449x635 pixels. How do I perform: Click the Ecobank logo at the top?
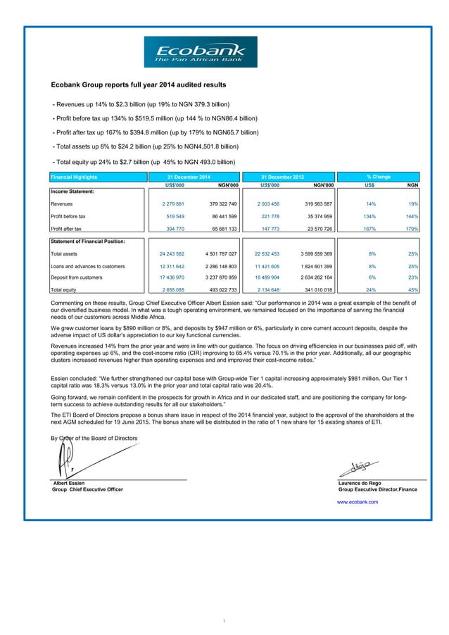(201, 52)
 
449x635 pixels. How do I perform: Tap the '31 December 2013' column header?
(284, 177)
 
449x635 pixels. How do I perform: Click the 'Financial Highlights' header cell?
(74, 177)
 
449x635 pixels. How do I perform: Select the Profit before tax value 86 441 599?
(227, 216)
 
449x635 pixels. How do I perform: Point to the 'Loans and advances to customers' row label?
(88, 266)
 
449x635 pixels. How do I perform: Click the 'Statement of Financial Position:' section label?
(88, 241)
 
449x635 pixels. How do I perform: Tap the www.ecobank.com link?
(358, 502)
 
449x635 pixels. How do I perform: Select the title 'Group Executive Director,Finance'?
(378, 489)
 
